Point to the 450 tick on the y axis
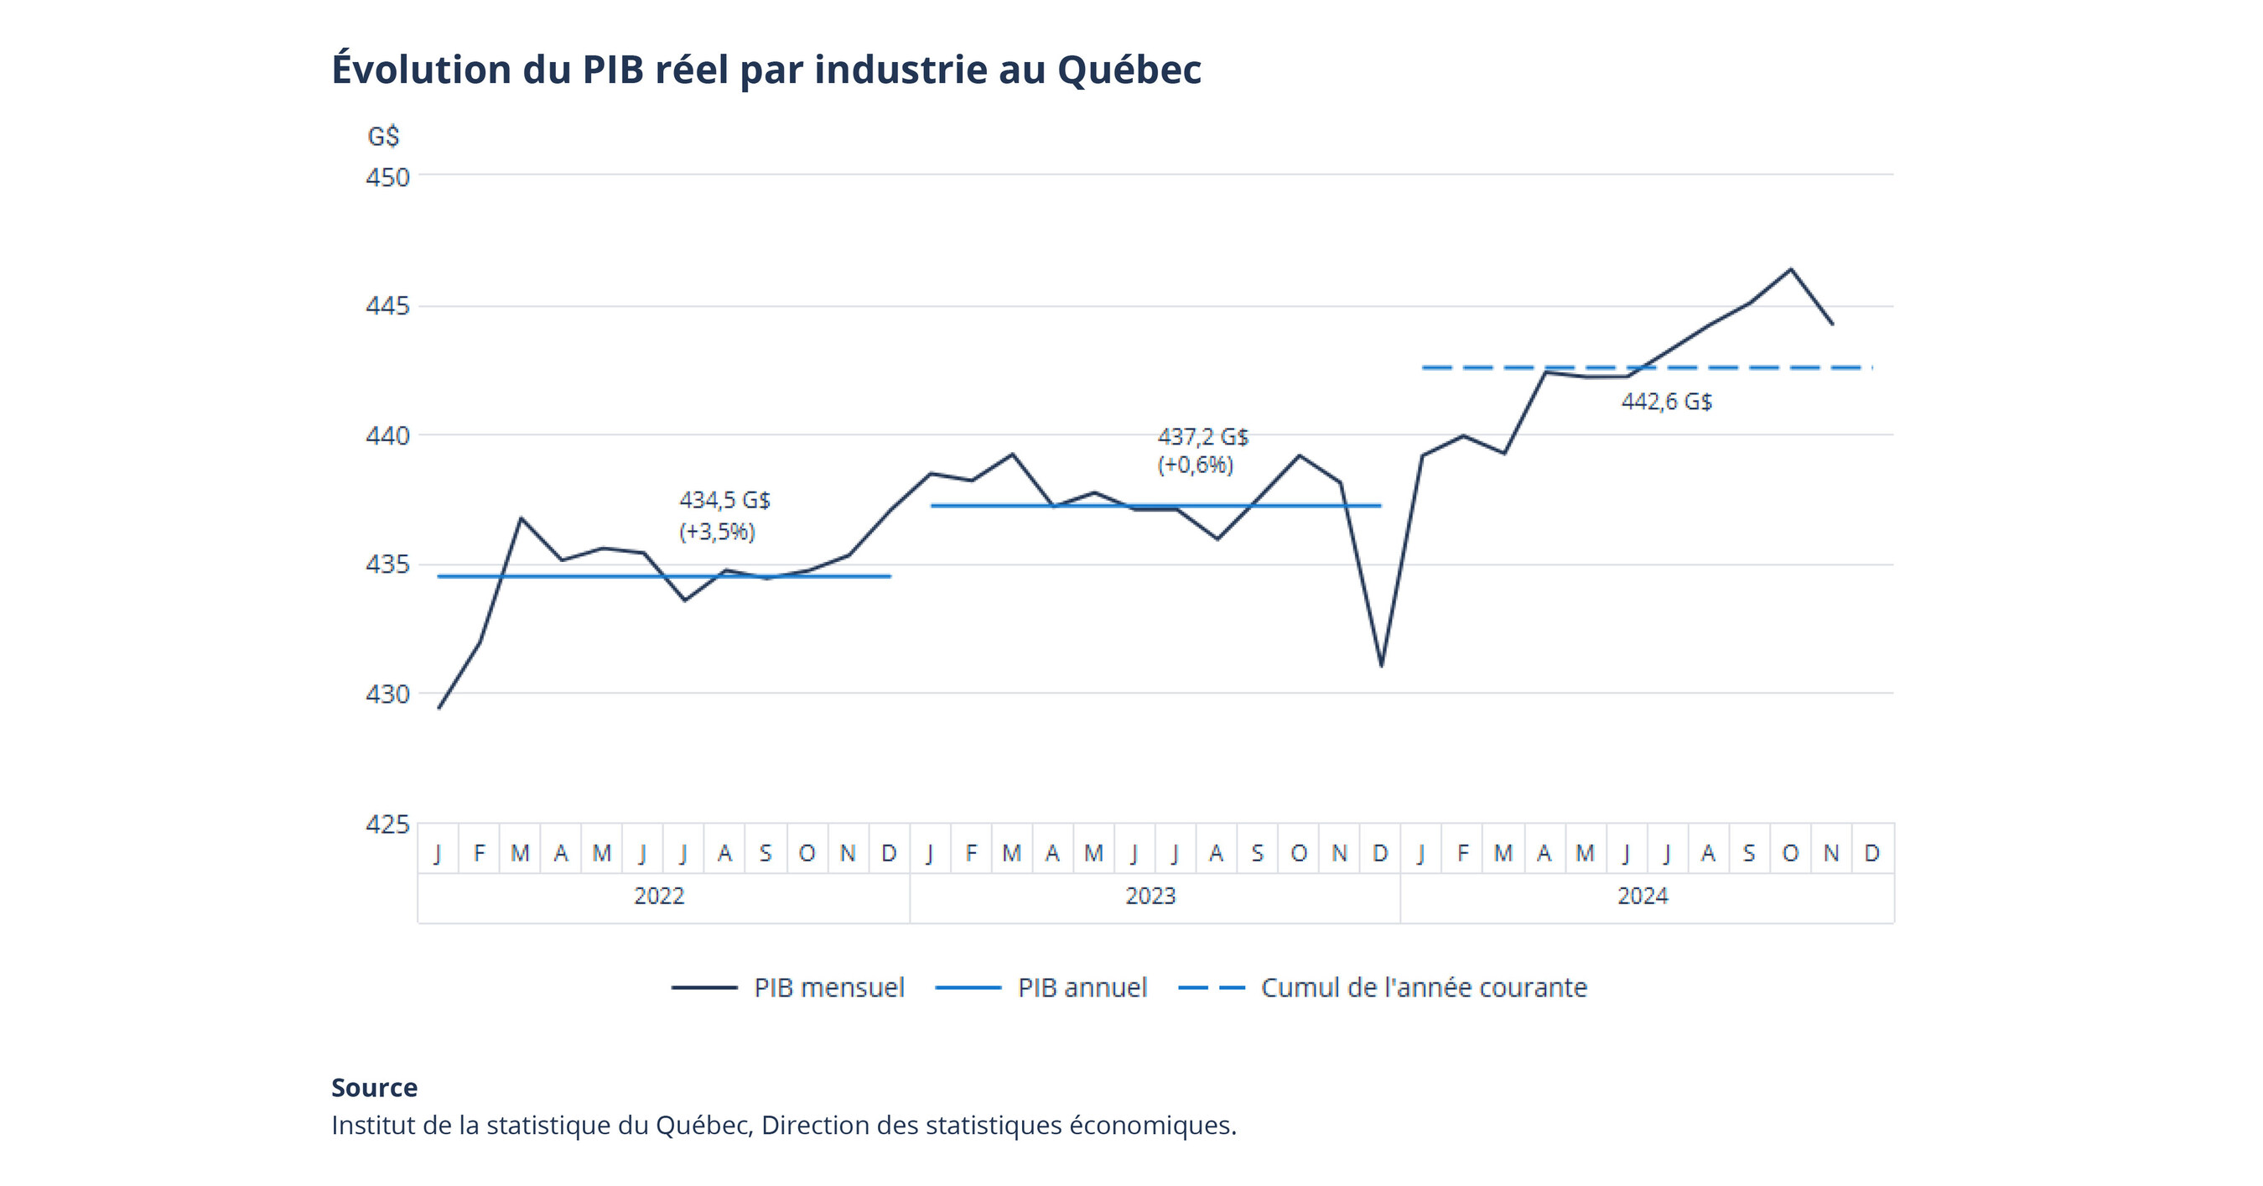tap(387, 178)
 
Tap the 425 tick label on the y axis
tap(387, 824)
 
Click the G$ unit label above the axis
tap(383, 136)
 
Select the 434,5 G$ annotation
tap(724, 500)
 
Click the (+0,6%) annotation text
tap(1195, 465)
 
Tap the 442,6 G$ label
tap(1666, 402)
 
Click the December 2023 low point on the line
tap(1381, 665)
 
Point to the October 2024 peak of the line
tap(1790, 269)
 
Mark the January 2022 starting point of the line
tap(439, 707)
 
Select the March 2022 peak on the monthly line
tap(521, 518)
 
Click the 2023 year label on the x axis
tap(1150, 896)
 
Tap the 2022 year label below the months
tap(659, 896)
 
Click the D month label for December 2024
tap(1871, 853)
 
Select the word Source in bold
tap(374, 1088)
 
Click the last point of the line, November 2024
tap(1832, 323)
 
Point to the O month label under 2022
tap(807, 853)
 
